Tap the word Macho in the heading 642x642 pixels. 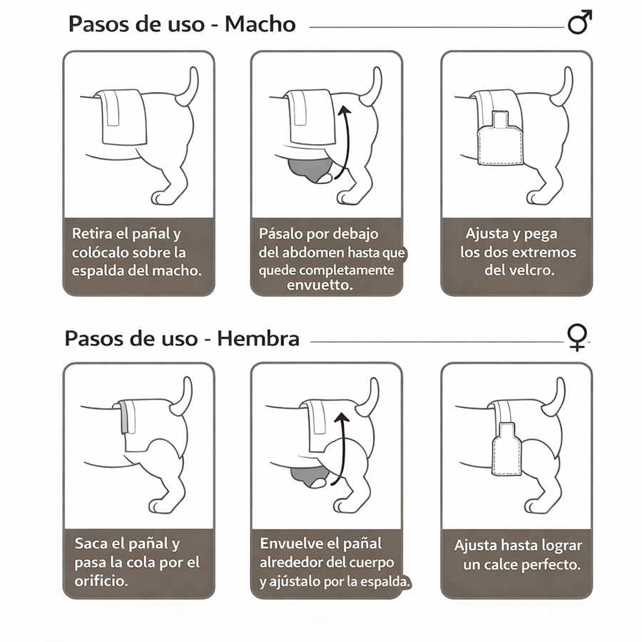260,24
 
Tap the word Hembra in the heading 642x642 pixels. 258,339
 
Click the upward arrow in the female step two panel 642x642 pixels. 341,449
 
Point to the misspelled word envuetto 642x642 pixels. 320,285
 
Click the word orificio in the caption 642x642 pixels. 101,581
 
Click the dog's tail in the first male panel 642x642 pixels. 188,87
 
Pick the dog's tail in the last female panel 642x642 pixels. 555,397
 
